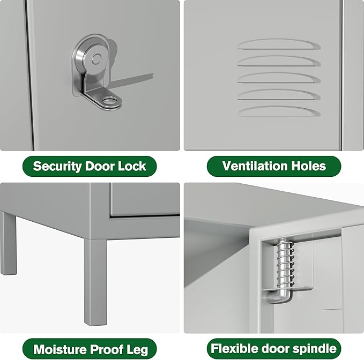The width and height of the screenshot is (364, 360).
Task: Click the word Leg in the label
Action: [x=138, y=350]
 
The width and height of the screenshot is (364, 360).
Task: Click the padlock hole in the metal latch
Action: [x=113, y=99]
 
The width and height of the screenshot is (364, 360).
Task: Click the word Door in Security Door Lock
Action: [x=99, y=166]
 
